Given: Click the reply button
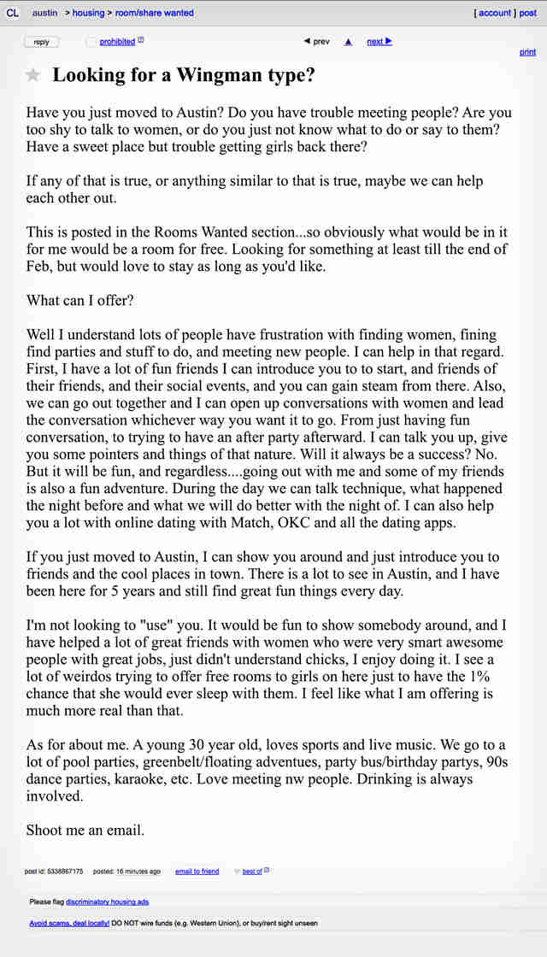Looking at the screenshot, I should coord(41,42).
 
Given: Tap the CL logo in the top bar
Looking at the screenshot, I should coord(12,13).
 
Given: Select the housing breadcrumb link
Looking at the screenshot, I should coord(88,13).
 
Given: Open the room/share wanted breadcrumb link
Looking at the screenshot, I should coord(154,13).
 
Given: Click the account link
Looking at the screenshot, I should coord(495,13).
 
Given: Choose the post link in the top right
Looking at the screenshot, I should coord(528,13).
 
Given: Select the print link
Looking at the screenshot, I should coord(527,53).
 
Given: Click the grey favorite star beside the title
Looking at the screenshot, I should coord(33,75).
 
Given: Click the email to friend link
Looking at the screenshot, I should coord(197,872).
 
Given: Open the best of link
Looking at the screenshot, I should coord(252,872).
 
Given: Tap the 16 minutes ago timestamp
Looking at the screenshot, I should coord(138,872).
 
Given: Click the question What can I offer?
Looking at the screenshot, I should coord(79,301).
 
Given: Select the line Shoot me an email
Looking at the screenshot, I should coord(85,830).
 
